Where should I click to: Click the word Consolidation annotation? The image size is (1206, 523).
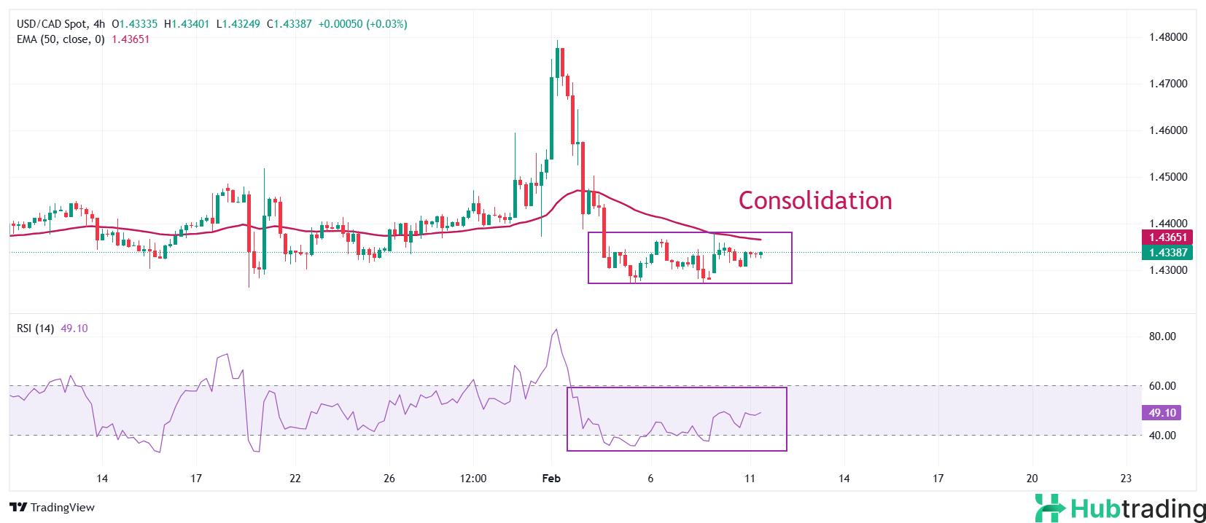coord(814,200)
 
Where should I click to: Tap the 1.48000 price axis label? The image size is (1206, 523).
coord(1168,37)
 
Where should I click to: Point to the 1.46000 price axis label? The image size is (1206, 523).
coord(1168,130)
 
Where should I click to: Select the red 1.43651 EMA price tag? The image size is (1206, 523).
coord(1167,237)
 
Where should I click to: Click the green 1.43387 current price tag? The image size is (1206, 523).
coord(1167,253)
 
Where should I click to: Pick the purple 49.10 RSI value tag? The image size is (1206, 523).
coord(1162,413)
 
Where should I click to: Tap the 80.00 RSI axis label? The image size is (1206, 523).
coord(1162,337)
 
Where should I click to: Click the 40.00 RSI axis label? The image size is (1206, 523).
coord(1162,436)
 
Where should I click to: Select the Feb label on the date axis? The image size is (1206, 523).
coord(551,479)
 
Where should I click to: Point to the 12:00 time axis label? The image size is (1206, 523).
coord(473,479)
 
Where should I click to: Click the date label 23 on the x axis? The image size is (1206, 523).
coord(1126,479)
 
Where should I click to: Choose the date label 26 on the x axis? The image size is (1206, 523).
coord(389,479)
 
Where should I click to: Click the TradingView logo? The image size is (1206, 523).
coord(52,508)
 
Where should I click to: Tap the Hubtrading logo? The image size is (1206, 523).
coord(1120,508)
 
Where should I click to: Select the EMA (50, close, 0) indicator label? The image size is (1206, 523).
coord(61,39)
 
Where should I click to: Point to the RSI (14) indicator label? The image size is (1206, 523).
coord(35,329)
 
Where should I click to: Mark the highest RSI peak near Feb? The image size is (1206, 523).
coord(556,330)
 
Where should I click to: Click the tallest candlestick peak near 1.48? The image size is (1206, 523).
coord(557,42)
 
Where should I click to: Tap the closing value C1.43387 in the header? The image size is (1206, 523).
coord(289,24)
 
